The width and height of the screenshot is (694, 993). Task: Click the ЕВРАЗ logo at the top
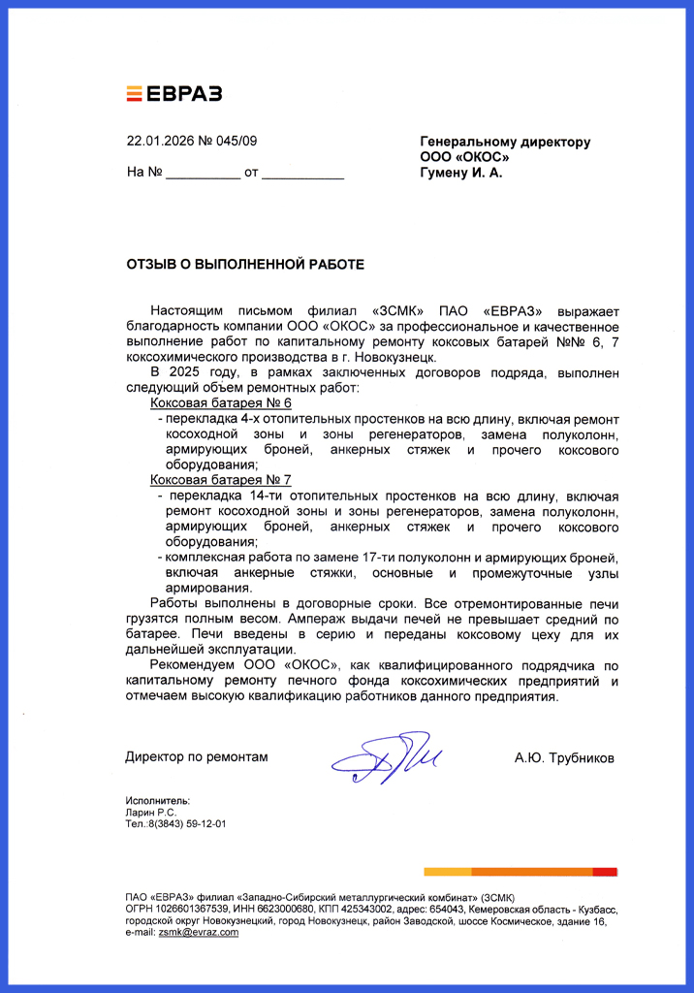click(x=174, y=93)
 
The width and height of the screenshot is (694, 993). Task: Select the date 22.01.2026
click(x=160, y=142)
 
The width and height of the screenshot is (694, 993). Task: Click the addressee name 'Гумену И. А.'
click(x=461, y=174)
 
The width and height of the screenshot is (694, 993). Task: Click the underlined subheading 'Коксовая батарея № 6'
click(x=221, y=402)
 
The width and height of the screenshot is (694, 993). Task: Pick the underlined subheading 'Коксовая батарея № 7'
click(x=221, y=480)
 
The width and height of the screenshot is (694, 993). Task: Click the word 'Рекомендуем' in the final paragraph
click(x=193, y=666)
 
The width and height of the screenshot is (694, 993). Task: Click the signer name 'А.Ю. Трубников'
click(x=564, y=757)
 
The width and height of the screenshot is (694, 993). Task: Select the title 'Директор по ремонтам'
click(x=197, y=756)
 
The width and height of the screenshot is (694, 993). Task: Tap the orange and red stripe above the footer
click(x=520, y=872)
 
